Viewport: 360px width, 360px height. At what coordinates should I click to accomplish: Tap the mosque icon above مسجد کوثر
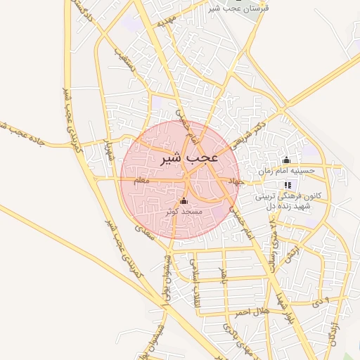[x=184, y=201]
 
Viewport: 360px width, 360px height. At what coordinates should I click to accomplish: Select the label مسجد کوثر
[x=184, y=211]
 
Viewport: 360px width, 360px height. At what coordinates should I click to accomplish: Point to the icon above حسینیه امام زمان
[x=286, y=160]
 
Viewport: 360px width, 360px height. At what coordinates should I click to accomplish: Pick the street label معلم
[x=141, y=181]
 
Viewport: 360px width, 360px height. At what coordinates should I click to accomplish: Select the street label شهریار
[x=108, y=151]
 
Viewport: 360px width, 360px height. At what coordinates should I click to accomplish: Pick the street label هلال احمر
[x=252, y=311]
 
